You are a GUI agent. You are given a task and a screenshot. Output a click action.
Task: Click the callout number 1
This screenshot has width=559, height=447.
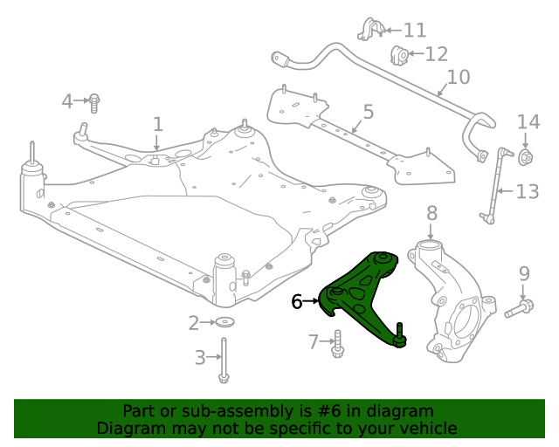pos(157,124)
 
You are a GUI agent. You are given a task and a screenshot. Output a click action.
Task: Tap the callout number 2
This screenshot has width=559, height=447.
pos(194,323)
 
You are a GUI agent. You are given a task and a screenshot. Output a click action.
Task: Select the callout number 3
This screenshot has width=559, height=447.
pos(200,356)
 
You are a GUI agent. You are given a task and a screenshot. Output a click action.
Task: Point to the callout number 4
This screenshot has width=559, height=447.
pos(67,101)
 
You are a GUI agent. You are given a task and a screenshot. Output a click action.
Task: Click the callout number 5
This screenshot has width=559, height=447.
pos(368,112)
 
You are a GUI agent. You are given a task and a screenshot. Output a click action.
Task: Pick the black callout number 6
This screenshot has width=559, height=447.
pos(297,301)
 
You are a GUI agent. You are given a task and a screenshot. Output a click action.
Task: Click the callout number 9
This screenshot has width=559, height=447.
pos(524,274)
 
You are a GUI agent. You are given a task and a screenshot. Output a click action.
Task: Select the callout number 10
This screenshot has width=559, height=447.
pos(458,77)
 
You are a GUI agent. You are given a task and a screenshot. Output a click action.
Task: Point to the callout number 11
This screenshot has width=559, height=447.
pos(414,31)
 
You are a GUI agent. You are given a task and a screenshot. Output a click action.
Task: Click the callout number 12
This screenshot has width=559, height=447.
pos(436,54)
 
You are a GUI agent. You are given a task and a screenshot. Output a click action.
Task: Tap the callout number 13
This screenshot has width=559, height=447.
pos(528,191)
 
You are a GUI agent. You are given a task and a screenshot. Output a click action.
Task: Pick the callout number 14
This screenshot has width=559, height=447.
pos(528,122)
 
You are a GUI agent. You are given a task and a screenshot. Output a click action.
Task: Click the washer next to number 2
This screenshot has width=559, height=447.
pos(225,323)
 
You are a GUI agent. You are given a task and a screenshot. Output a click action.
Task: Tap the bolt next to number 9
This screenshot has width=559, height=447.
pos(518,308)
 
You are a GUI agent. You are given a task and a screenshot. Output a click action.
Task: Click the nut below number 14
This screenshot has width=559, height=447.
pos(526,157)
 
